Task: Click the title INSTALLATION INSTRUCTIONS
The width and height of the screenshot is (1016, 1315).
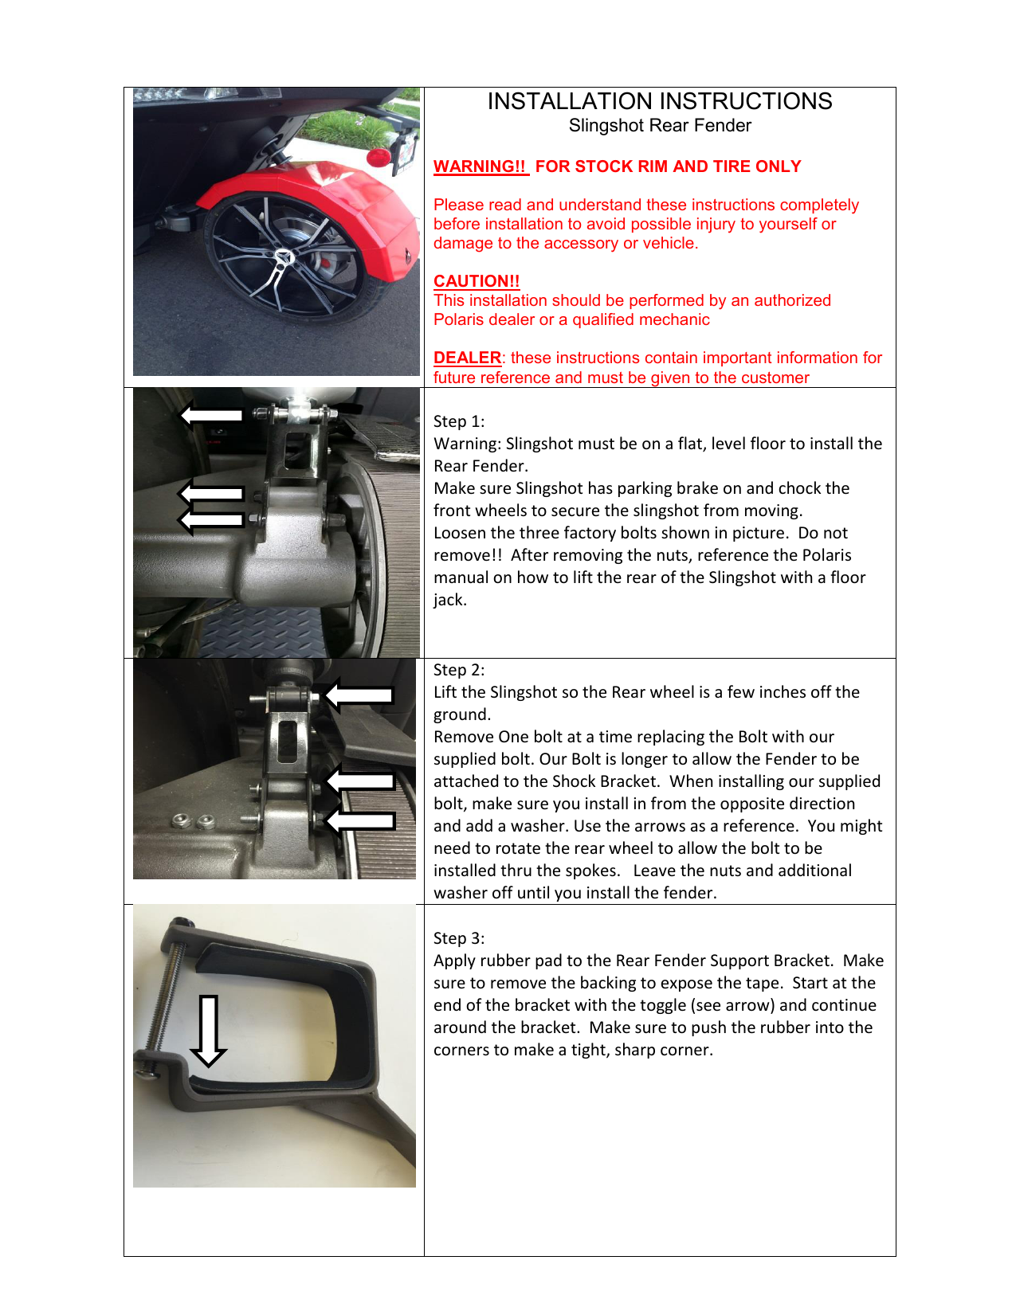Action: point(660,101)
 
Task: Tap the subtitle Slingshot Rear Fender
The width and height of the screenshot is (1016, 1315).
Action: point(660,126)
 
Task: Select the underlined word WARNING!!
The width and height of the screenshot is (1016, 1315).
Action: point(480,166)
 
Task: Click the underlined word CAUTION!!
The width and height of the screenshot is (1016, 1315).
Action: point(477,281)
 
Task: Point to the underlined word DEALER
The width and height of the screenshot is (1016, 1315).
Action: point(467,358)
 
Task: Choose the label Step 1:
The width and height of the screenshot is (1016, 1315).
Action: point(459,421)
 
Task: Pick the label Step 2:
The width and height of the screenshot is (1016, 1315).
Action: point(459,670)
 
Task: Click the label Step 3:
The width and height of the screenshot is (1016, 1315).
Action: point(459,938)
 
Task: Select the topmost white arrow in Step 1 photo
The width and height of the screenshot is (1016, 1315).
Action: point(211,414)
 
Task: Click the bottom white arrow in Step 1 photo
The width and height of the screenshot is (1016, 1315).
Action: point(211,520)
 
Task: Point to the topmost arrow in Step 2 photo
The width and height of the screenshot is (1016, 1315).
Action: point(359,695)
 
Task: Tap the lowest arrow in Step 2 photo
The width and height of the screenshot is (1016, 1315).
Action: point(361,820)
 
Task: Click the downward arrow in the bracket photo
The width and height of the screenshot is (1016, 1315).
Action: point(209,1031)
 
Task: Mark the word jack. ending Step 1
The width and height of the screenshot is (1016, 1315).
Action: point(450,600)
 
